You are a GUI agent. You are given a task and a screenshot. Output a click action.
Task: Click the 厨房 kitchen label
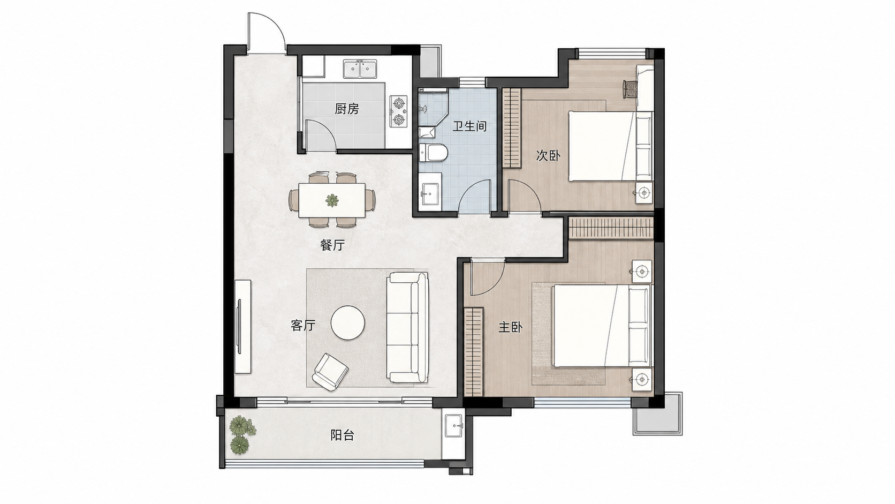pyautogui.click(x=347, y=109)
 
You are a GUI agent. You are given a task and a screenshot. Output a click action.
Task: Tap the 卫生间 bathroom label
pyautogui.click(x=469, y=126)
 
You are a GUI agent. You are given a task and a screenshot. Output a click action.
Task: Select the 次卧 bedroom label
pyautogui.click(x=548, y=155)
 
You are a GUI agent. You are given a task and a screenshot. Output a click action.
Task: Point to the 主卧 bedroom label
pyautogui.click(x=510, y=328)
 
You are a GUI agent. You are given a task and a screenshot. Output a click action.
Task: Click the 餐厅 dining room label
pyautogui.click(x=332, y=245)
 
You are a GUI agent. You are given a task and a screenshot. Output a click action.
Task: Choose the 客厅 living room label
pyautogui.click(x=303, y=325)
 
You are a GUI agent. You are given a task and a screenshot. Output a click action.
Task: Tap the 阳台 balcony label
pyautogui.click(x=343, y=435)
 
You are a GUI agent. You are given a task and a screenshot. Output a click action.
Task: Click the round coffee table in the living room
pyautogui.click(x=347, y=323)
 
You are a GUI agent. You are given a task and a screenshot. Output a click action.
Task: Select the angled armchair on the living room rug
pyautogui.click(x=330, y=372)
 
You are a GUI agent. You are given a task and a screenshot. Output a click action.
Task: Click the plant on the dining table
pyautogui.click(x=332, y=200)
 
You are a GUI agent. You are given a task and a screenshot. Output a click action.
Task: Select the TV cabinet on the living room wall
pyautogui.click(x=242, y=327)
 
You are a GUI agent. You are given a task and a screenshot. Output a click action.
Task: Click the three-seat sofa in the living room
pyautogui.click(x=407, y=327)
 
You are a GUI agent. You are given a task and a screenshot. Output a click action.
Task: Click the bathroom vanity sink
pyautogui.click(x=430, y=194)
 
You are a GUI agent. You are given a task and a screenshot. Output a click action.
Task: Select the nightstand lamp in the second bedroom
pyautogui.click(x=643, y=193)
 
